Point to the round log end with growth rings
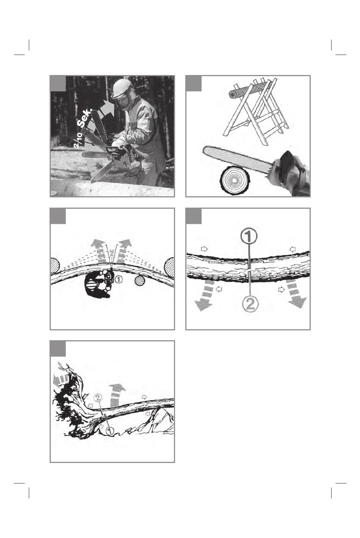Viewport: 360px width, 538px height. coord(235,181)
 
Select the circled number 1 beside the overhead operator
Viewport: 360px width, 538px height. coord(119,279)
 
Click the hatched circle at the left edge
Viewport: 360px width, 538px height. coord(55,265)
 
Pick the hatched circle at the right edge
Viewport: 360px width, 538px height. coord(169,265)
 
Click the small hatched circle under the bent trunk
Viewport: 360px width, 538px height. coord(140,280)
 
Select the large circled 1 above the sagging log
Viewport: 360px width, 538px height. coord(249,236)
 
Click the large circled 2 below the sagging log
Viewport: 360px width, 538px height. coord(250,304)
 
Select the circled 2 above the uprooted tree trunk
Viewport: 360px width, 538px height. coord(98,397)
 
